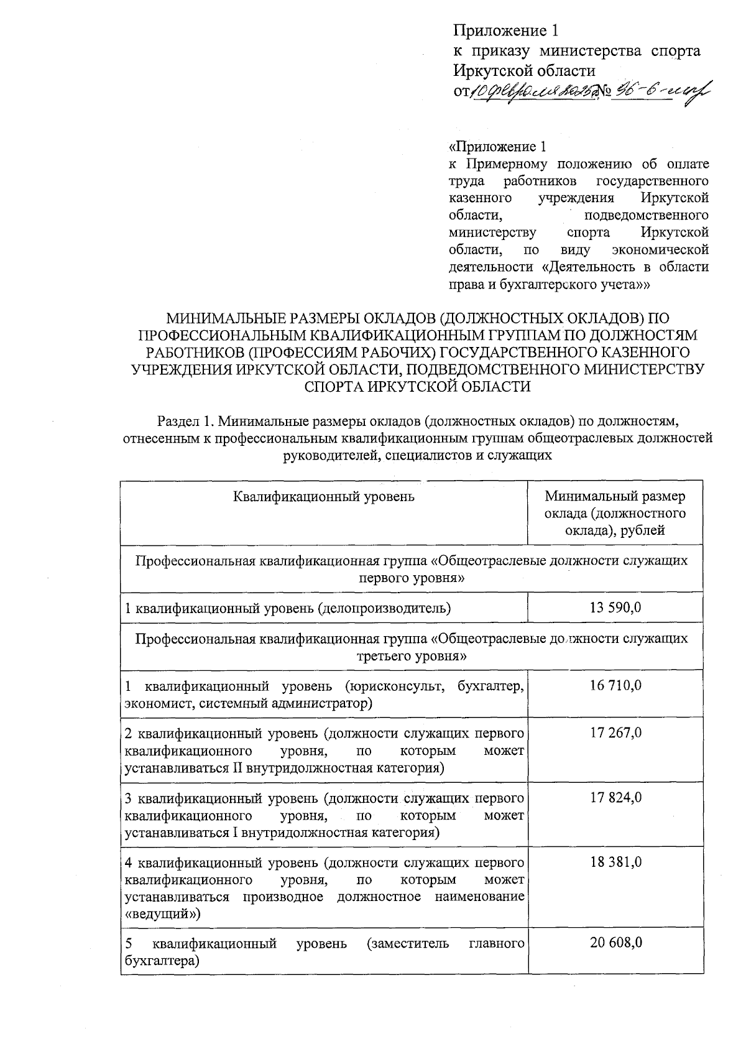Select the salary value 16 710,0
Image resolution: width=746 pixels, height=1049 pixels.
(615, 685)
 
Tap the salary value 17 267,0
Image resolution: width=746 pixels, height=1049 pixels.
(615, 732)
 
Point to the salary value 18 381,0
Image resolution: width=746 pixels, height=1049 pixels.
(615, 862)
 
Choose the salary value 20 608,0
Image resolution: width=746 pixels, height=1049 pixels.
(615, 943)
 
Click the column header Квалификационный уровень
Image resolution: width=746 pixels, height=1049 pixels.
(323, 496)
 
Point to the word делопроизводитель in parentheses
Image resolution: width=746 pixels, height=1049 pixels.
(384, 608)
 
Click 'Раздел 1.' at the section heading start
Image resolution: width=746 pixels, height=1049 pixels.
(182, 420)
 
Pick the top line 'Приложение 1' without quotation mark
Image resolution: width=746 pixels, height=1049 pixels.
(502, 31)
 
